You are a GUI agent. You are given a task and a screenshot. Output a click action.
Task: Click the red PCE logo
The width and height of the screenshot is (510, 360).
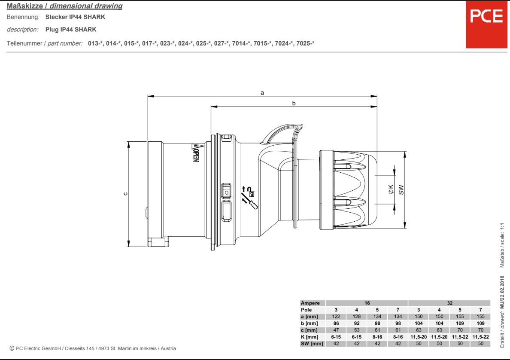(486, 24)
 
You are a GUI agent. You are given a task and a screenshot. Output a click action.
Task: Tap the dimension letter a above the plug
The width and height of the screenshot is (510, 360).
(262, 93)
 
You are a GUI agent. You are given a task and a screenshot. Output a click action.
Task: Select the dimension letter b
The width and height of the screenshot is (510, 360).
(294, 103)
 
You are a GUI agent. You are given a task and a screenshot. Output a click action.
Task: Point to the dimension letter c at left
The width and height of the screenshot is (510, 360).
(125, 194)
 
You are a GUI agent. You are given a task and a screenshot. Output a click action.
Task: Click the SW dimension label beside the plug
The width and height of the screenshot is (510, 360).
(401, 190)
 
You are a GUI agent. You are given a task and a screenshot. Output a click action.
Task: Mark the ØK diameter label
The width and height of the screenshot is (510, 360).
(391, 189)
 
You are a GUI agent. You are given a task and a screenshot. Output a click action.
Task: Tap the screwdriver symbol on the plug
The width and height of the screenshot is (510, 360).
(249, 201)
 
